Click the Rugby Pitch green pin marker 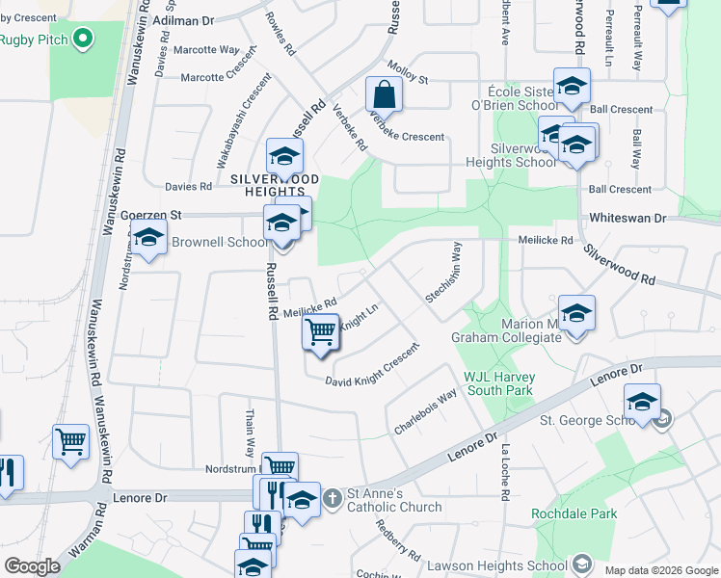pyautogui.click(x=83, y=39)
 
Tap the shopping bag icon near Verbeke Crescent pyautogui.click(x=384, y=94)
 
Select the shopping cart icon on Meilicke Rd pyautogui.click(x=321, y=331)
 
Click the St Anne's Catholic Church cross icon pyautogui.click(x=333, y=498)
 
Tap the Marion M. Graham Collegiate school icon pyautogui.click(x=576, y=314)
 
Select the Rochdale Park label pyautogui.click(x=574, y=513)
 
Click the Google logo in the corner pyautogui.click(x=32, y=565)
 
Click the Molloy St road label pyautogui.click(x=407, y=69)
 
